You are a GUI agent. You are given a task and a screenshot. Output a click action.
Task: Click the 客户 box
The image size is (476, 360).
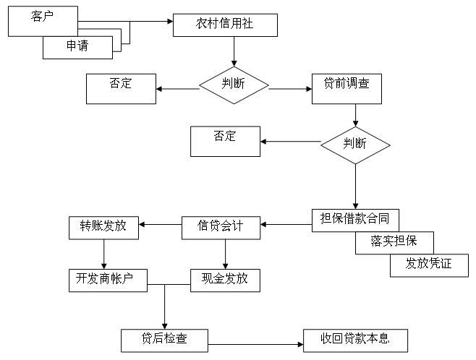pos(42,20)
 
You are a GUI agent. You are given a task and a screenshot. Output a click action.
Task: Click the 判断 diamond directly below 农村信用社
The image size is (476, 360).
pos(234,85)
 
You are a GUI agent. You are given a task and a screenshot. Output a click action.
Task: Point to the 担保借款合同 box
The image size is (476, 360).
pos(354,220)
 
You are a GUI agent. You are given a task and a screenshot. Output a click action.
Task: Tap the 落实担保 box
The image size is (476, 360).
pos(395,242)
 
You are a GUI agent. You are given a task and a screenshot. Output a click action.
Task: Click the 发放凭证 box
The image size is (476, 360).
pos(429,265)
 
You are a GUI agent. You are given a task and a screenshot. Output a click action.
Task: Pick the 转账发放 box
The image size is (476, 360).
pos(103,227)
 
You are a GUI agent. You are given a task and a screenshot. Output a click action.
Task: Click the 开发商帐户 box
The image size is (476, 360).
pos(108,278)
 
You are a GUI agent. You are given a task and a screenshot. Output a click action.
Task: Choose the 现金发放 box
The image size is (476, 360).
pos(225,278)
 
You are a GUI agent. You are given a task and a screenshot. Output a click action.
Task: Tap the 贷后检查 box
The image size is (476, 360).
pos(164,340)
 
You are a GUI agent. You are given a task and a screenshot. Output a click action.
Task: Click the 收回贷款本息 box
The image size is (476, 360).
pos(354,340)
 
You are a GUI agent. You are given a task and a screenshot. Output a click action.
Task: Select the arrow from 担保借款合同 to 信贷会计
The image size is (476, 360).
pos(286,225)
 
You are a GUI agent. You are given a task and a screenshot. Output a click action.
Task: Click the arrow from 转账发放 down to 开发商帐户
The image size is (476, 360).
pos(104,253)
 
